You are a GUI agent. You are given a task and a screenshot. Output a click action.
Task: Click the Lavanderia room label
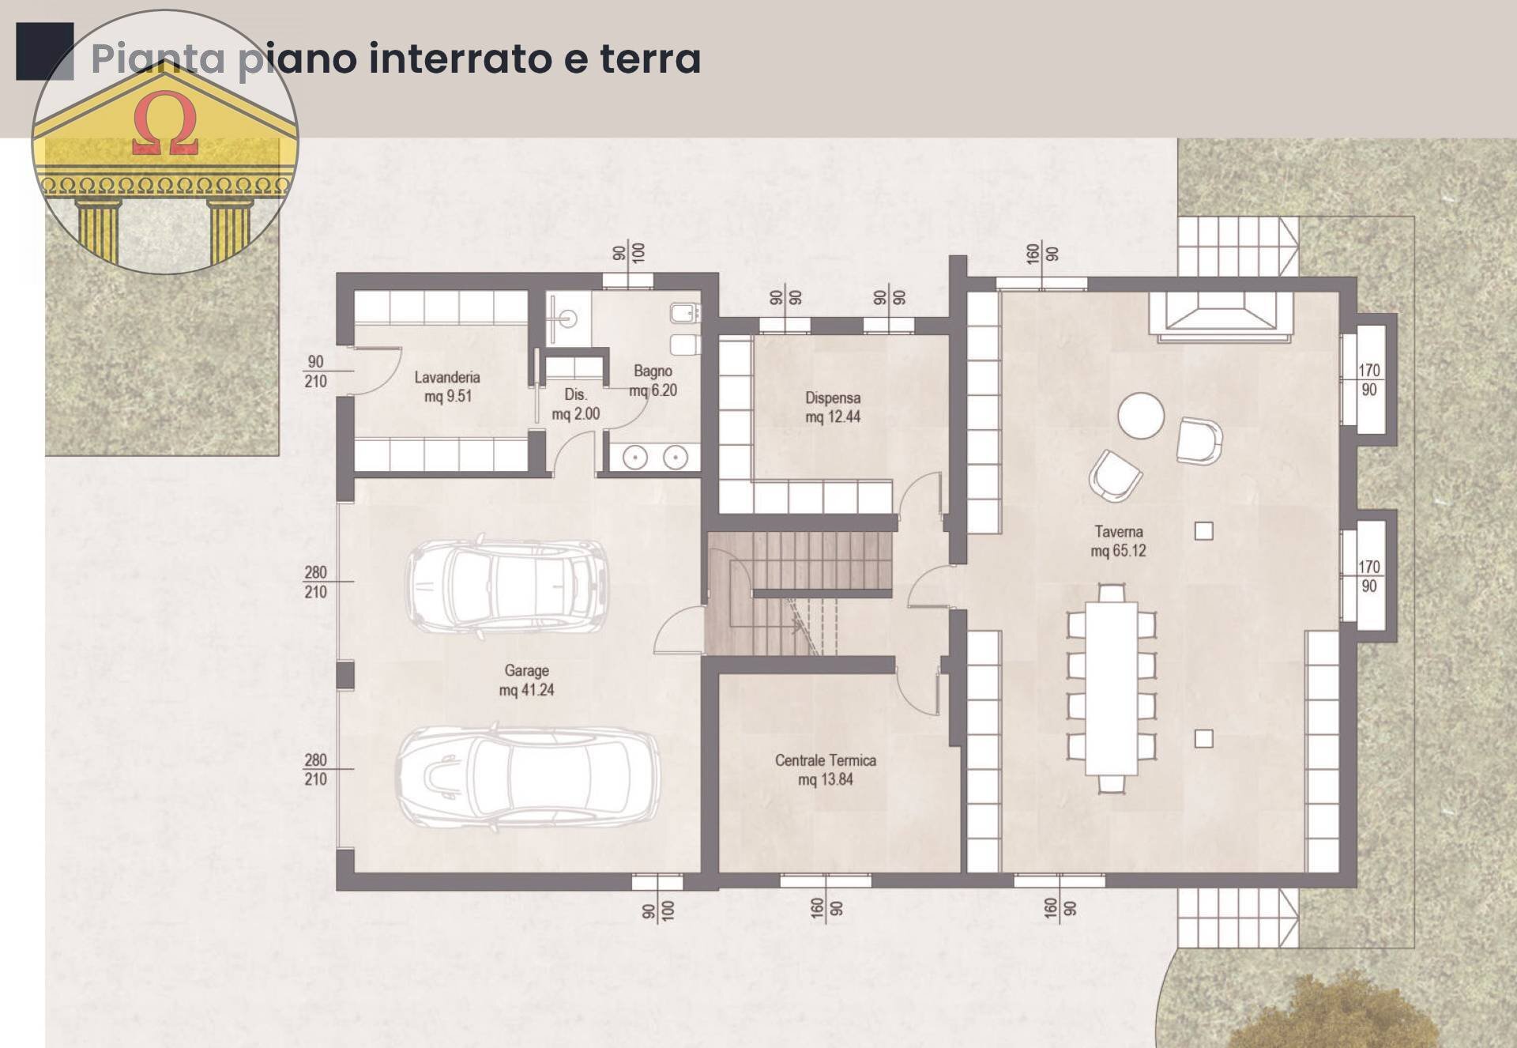447,386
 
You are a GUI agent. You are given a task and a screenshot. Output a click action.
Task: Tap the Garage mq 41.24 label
526,680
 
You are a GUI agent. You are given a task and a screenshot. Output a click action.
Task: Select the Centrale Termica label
825,769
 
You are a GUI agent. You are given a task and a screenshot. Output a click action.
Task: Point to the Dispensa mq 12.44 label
833,407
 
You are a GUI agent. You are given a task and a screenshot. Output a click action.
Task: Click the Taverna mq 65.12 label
1118,541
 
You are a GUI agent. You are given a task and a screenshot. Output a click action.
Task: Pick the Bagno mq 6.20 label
653,380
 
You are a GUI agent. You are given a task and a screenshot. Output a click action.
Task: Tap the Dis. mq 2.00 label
575,404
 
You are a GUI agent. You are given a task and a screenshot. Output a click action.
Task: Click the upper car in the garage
507,586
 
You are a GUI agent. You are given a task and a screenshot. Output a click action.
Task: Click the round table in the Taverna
1140,416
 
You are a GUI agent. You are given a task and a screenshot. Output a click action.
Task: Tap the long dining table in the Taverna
1111,688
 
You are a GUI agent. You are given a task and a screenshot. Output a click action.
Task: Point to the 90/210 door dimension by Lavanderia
315,371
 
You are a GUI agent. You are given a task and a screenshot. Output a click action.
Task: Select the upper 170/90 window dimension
1368,379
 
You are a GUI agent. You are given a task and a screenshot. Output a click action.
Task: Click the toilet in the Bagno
685,344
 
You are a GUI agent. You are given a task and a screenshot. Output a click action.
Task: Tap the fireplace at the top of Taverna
1221,315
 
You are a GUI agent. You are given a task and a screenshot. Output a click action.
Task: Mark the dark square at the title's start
44,51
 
